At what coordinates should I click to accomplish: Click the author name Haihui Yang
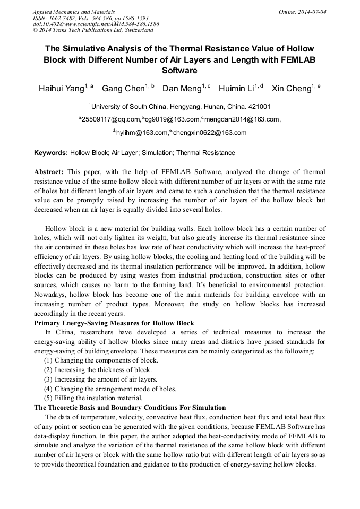click(x=61, y=89)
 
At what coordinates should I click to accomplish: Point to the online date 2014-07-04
click(x=312, y=12)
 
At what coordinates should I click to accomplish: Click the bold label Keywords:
click(x=51, y=153)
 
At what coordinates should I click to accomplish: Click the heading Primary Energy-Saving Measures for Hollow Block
click(x=114, y=323)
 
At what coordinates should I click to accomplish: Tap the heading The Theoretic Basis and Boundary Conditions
click(x=130, y=408)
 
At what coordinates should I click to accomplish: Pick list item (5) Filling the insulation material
click(x=93, y=398)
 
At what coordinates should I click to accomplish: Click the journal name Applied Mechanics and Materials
click(x=73, y=12)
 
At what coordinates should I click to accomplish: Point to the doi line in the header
click(x=96, y=24)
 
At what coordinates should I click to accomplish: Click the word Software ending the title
click(x=179, y=70)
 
